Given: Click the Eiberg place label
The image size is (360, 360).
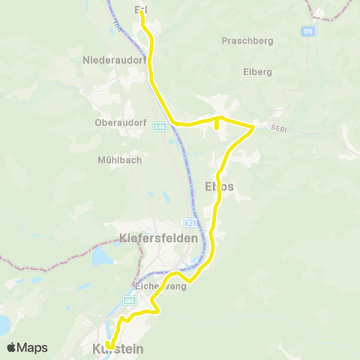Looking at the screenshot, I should click(x=257, y=72).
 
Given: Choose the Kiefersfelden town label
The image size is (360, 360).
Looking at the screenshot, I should click(x=158, y=238).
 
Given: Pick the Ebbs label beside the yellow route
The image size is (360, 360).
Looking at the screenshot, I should click(x=219, y=186).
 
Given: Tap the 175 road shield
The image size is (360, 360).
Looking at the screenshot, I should click(x=307, y=31).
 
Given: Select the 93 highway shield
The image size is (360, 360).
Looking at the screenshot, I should click(x=190, y=222).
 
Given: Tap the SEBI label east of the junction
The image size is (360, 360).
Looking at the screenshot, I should click(x=280, y=130).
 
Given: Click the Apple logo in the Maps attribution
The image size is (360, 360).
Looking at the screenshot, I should click(x=12, y=347).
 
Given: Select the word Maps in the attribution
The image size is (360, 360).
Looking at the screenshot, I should click(x=33, y=347).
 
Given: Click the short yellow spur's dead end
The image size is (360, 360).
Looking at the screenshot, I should click(x=216, y=127).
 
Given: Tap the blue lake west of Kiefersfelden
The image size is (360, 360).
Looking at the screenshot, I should click(x=100, y=257).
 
